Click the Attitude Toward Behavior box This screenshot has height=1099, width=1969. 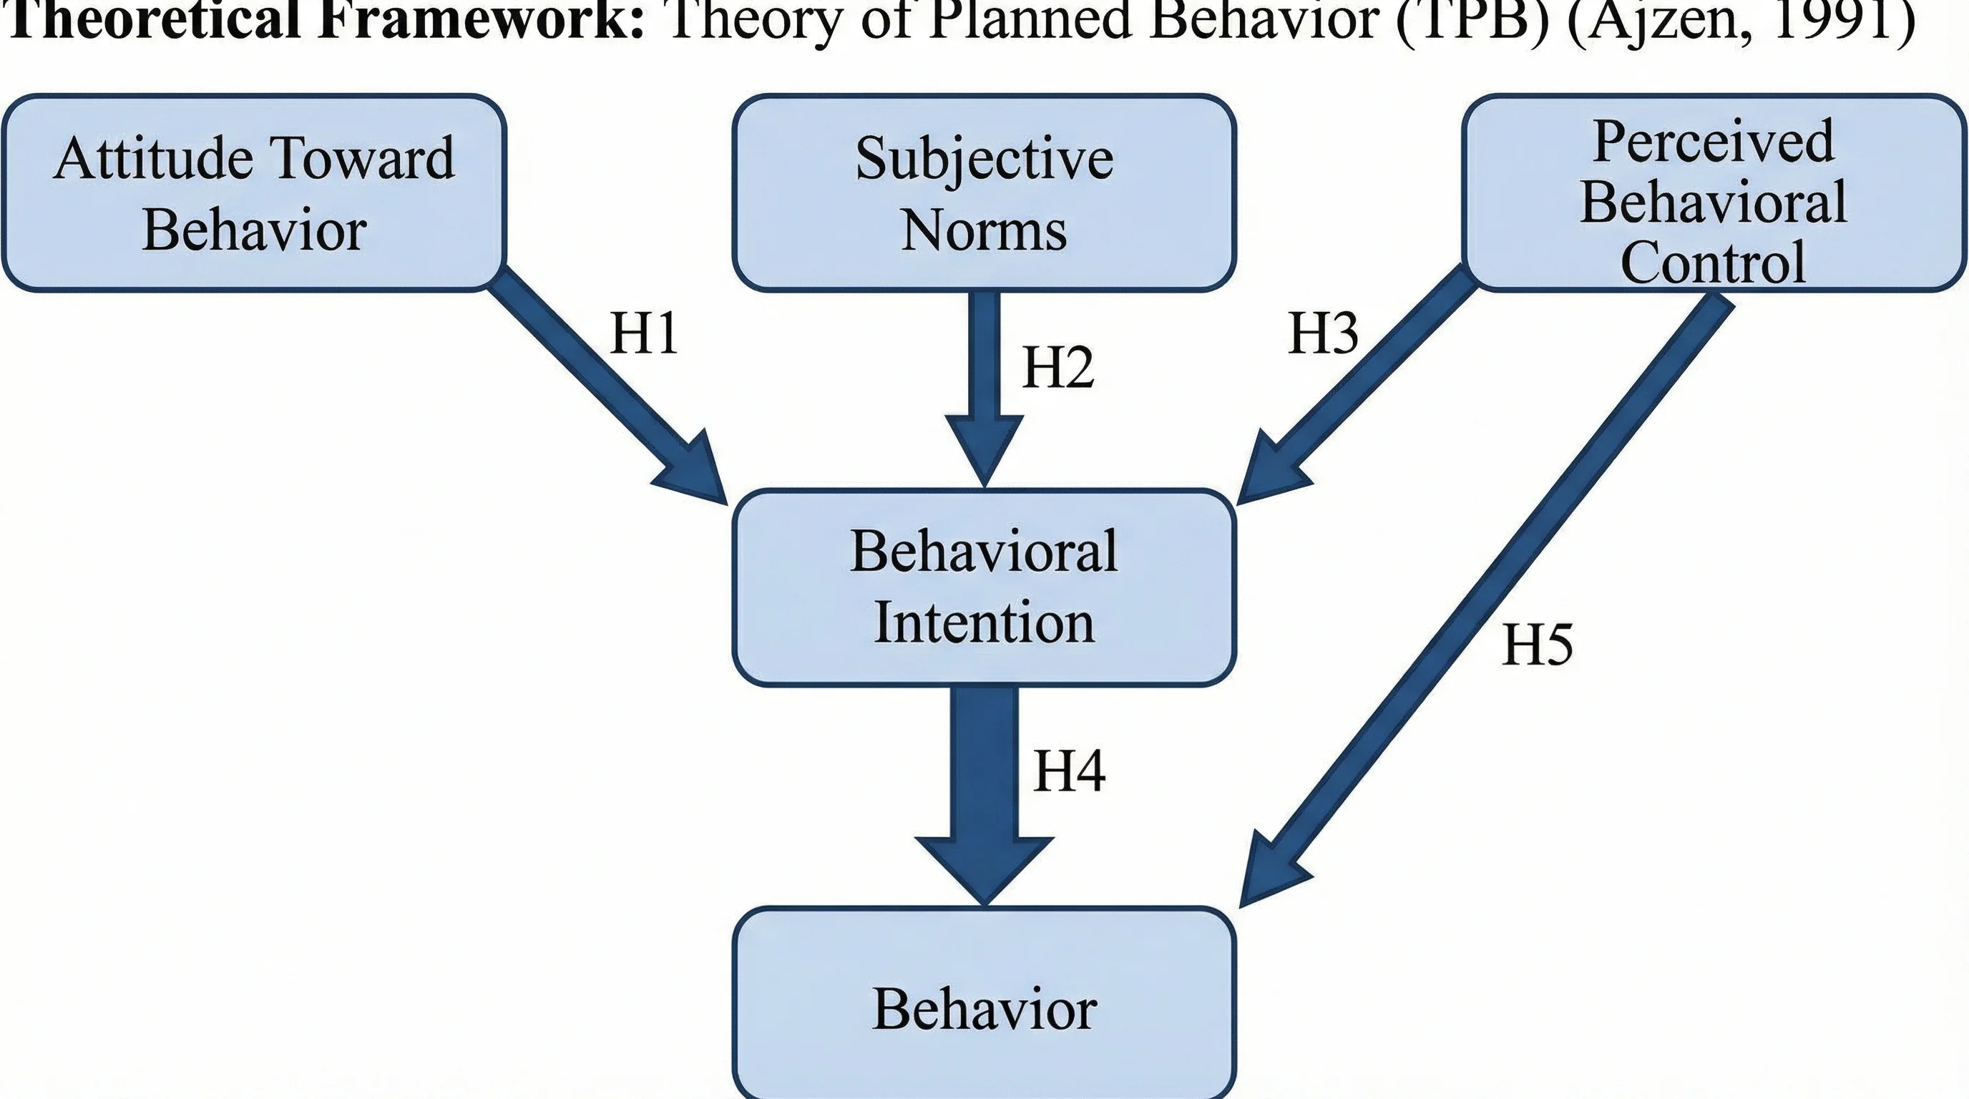(253, 192)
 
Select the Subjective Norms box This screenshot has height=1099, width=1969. (984, 192)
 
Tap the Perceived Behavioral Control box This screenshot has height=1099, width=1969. (1713, 192)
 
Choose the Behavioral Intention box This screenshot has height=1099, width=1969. (984, 587)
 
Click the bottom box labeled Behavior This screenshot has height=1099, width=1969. (984, 1007)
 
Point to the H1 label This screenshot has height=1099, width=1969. (644, 334)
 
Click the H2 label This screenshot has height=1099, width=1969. (1058, 368)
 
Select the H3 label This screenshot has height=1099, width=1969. (1323, 334)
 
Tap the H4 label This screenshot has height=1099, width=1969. (1069, 771)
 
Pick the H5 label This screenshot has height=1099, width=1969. (1537, 645)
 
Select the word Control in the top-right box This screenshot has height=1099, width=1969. (1713, 262)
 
